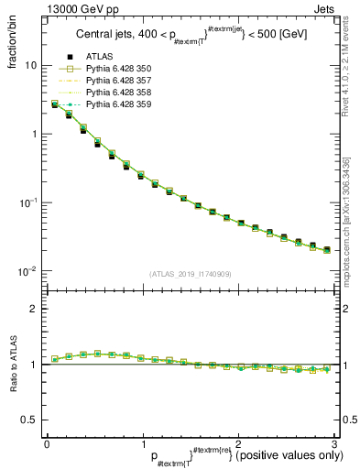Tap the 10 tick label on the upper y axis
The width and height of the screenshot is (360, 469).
coord(30,66)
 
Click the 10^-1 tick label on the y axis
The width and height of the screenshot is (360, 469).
coord(27,202)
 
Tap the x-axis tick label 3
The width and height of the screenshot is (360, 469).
coord(333,445)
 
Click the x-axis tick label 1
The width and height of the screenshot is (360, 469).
coord(142,445)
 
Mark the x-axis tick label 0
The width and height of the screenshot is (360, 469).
coord(47,445)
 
